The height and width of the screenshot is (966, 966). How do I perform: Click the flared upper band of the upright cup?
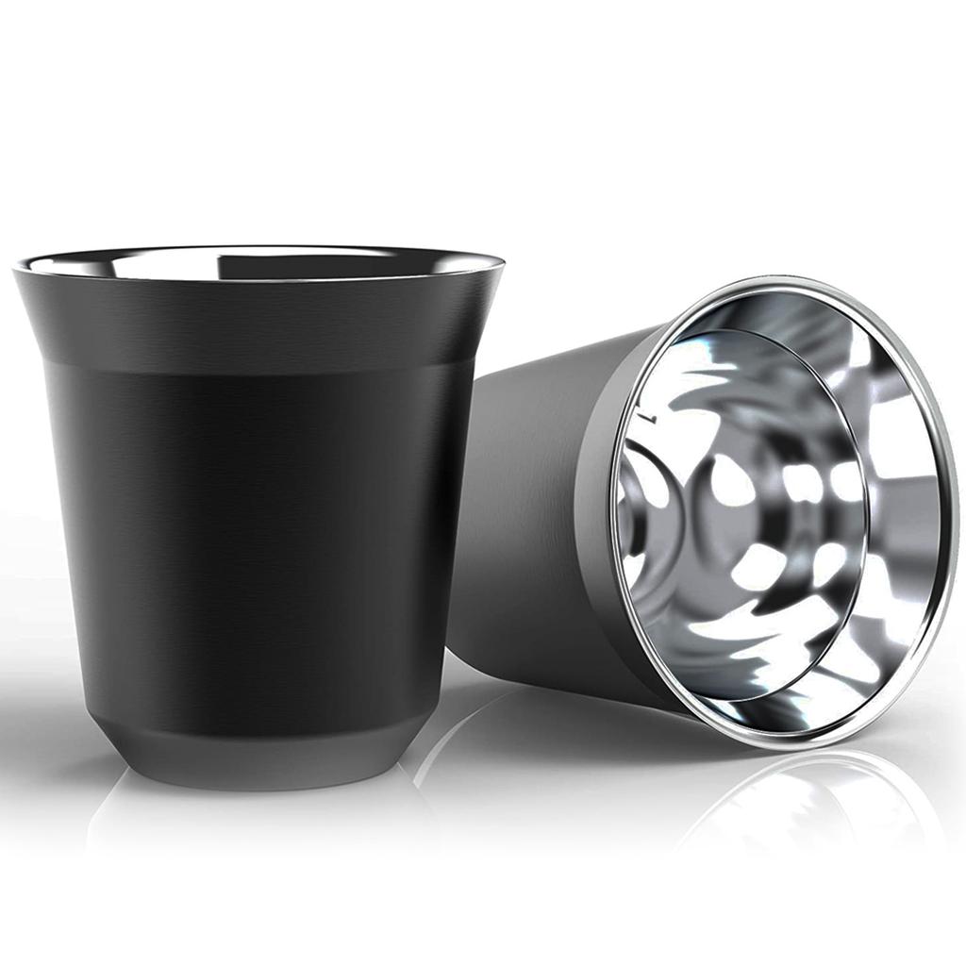(255, 321)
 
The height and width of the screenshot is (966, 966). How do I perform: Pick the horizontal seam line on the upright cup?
(255, 364)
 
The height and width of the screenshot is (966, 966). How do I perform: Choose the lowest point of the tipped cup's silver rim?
(755, 745)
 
